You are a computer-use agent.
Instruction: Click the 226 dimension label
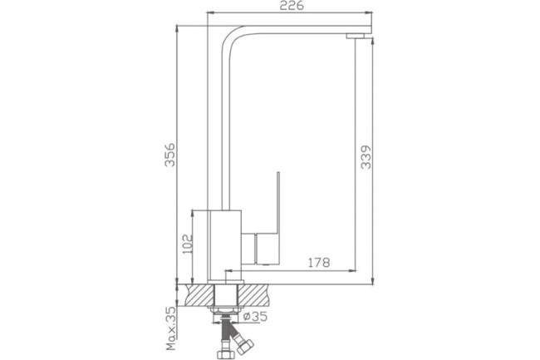[x=292, y=6]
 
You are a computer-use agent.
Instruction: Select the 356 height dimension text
[x=169, y=155]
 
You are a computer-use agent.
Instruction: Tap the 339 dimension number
[x=366, y=157]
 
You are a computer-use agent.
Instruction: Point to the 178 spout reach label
[x=318, y=263]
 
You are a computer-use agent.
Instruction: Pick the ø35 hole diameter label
[x=255, y=316]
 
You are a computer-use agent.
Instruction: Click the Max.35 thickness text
[x=171, y=328]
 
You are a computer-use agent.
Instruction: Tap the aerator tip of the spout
[x=355, y=36]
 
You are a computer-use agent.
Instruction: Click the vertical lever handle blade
[x=277, y=201]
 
